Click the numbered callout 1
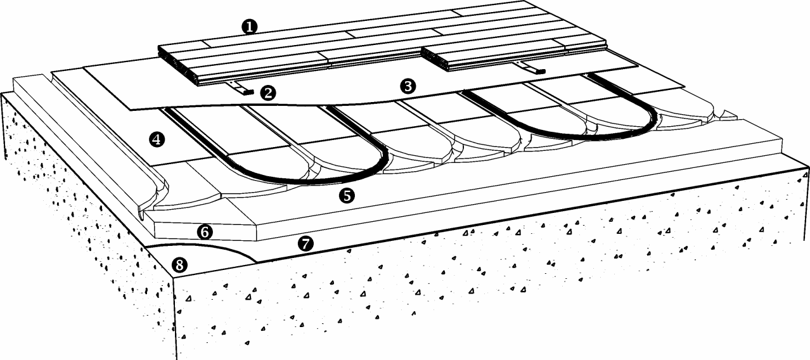250,27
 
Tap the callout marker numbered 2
268,93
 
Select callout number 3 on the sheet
408,86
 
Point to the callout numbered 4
157,139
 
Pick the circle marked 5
347,196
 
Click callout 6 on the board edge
205,232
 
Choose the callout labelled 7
305,243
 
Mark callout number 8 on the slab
180,266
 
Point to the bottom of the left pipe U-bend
307,181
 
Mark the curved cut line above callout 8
203,247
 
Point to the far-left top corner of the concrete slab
2,93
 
